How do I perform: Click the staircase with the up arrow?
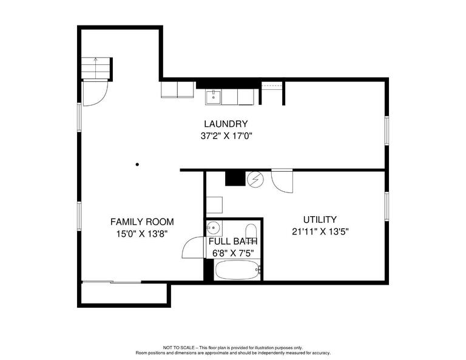tap(96, 68)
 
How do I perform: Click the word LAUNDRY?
tap(226, 124)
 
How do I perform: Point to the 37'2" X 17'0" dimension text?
tap(226, 137)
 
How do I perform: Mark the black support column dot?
tap(138, 164)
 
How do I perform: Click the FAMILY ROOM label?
tap(142, 222)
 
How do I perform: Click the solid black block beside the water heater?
tap(234, 178)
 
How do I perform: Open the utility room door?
tap(282, 182)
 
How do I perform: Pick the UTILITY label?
tap(320, 219)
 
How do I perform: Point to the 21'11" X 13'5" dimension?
tap(320, 231)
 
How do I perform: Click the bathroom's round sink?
tap(213, 228)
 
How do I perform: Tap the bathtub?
tap(237, 269)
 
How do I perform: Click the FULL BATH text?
tap(231, 241)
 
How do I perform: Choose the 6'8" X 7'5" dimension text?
tap(231, 252)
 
